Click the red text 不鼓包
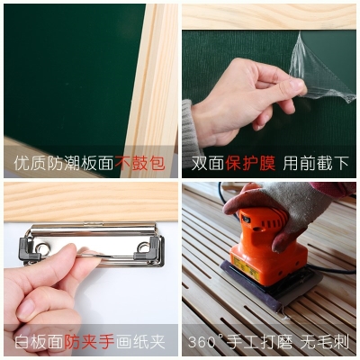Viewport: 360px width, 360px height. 141,164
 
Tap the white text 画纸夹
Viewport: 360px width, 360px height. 145,343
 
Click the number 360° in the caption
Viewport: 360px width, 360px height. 207,343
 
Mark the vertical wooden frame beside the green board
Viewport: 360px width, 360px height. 162,72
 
